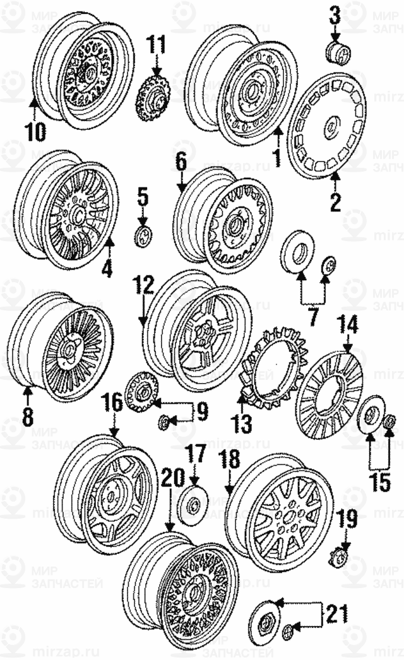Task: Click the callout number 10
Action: click(x=35, y=131)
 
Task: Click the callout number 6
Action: click(x=181, y=163)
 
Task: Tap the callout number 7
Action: click(x=313, y=317)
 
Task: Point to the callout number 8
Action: click(x=28, y=416)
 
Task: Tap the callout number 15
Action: click(x=379, y=481)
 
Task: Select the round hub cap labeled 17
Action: click(x=193, y=505)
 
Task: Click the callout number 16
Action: click(x=113, y=402)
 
